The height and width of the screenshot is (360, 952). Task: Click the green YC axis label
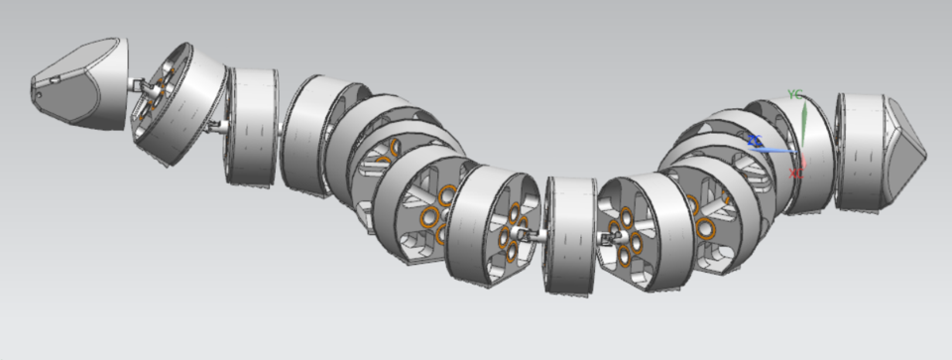[x=794, y=94]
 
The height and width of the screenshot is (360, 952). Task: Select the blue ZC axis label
[x=755, y=141]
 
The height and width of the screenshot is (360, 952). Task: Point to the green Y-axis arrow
[x=804, y=123]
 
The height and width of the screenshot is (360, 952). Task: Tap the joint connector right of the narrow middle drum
[x=604, y=238]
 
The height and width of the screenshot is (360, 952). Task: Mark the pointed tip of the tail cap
[x=923, y=151]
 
